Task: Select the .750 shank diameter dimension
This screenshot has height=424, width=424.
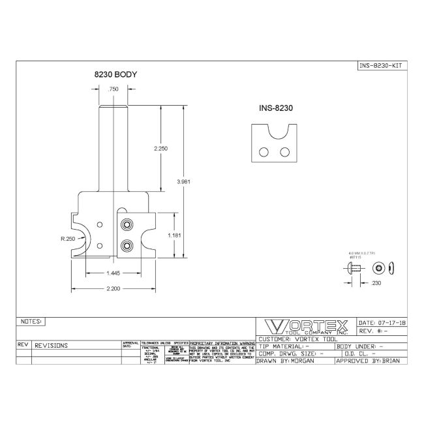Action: coord(113,88)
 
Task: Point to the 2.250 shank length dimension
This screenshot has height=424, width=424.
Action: coord(161,149)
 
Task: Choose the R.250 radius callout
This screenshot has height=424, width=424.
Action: coord(67,239)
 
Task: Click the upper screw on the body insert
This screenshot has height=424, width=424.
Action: coord(127,225)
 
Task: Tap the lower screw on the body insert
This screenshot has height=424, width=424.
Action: coord(127,245)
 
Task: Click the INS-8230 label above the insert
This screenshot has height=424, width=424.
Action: coord(274,109)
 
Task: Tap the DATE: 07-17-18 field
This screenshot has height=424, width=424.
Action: coord(383,323)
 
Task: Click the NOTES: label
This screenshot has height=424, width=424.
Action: coord(32,322)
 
